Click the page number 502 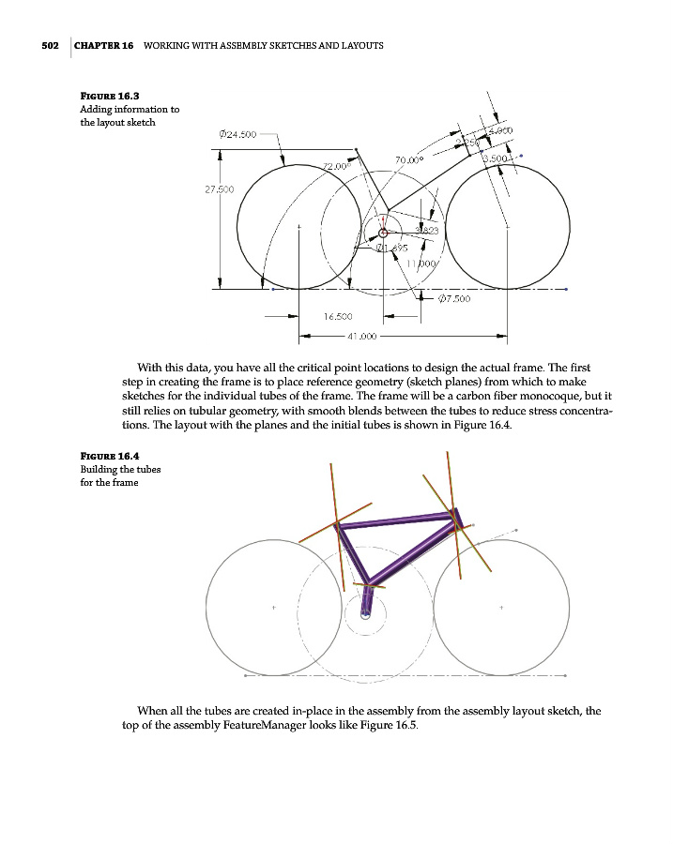pos(51,46)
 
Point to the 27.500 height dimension pos(220,189)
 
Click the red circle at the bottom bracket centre pos(382,234)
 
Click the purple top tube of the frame pos(394,520)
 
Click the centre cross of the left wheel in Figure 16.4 pos(273,608)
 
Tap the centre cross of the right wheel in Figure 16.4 pos(501,608)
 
